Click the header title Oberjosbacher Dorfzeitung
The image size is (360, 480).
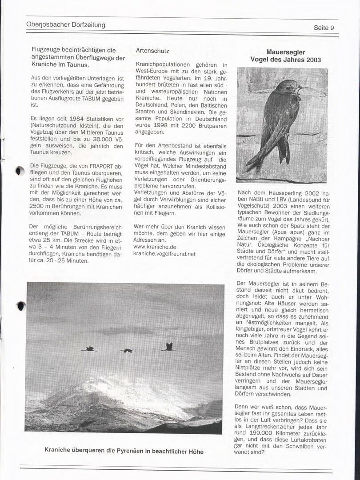click(66, 25)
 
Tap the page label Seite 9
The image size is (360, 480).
click(324, 28)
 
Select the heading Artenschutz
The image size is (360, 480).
click(152, 51)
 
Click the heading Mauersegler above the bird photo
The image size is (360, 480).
click(286, 52)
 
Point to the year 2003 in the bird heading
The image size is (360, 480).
click(313, 60)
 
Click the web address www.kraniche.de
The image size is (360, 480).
click(155, 247)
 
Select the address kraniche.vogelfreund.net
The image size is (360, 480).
click(164, 254)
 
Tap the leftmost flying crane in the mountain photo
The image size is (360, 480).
click(89, 349)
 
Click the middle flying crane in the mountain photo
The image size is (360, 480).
click(128, 351)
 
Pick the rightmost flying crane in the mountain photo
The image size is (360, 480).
click(168, 346)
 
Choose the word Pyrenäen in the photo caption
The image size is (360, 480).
click(129, 451)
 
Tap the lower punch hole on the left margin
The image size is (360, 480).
click(21, 306)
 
